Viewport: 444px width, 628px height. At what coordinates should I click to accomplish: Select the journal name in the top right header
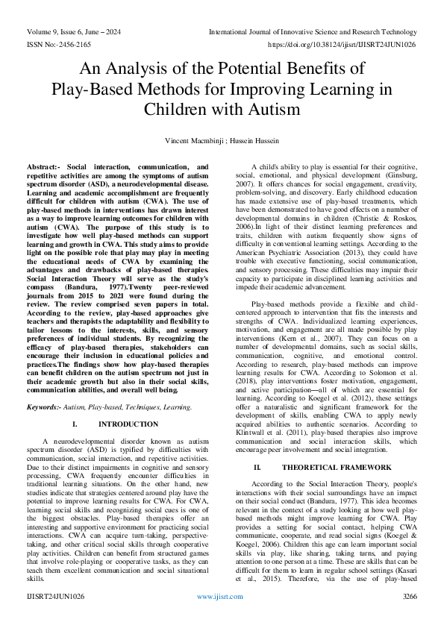tap(313, 32)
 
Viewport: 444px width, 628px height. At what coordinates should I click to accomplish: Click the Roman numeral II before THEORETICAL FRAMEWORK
tap(257, 467)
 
